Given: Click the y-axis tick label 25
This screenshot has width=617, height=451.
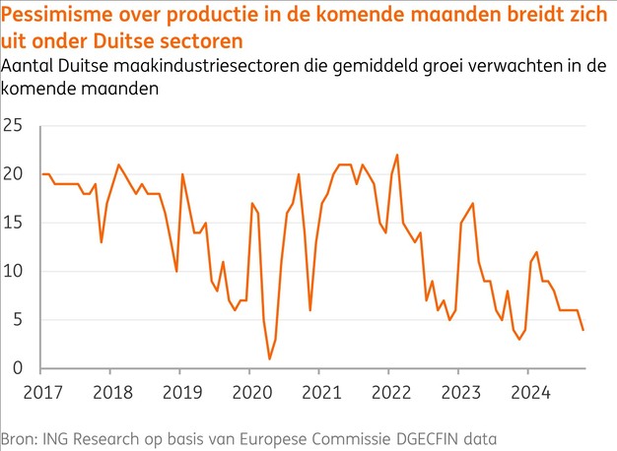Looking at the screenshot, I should pyautogui.click(x=14, y=126).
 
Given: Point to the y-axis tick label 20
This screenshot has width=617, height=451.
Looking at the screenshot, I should pyautogui.click(x=14, y=174).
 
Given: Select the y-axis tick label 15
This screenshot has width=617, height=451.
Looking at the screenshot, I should pyautogui.click(x=14, y=223).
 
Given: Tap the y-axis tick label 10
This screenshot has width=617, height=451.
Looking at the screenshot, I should pyautogui.click(x=14, y=272).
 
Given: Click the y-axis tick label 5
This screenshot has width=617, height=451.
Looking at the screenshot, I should pyautogui.click(x=18, y=320).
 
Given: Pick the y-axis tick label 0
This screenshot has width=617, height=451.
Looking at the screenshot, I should pyautogui.click(x=18, y=368).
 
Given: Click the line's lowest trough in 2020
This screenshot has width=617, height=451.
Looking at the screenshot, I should pyautogui.click(x=269, y=359).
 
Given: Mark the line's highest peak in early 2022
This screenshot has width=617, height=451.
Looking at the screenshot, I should pyautogui.click(x=397, y=155).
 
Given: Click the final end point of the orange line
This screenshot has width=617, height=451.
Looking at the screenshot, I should pyautogui.click(x=583, y=330).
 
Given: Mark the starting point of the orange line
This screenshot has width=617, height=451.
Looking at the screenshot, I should pyautogui.click(x=42, y=174).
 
